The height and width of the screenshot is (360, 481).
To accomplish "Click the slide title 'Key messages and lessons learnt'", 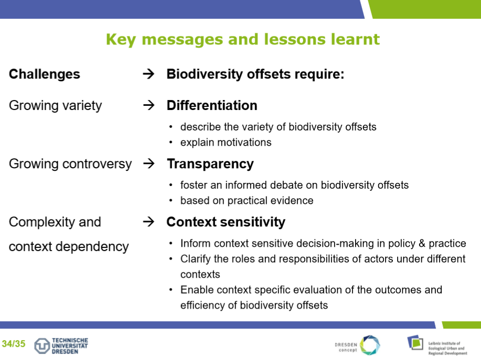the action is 243,39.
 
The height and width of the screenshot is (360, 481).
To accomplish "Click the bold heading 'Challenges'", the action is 45,74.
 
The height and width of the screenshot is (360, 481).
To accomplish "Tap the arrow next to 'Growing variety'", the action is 149,105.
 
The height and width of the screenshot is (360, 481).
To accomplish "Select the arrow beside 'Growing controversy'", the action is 149,163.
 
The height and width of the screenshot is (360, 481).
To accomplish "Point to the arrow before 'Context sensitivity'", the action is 149,222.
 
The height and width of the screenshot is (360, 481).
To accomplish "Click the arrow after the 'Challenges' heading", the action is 149,74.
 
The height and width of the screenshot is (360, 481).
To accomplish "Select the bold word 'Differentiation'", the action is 212,105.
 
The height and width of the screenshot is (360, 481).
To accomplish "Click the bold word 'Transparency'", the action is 210,164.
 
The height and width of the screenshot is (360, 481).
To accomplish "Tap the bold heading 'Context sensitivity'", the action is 226,222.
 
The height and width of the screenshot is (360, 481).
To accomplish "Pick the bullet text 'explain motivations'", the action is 226,143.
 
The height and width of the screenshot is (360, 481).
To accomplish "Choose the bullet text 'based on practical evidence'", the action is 247,201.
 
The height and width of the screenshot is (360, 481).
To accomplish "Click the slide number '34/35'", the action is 14,344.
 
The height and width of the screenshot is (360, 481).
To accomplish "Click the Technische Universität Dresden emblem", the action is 42,346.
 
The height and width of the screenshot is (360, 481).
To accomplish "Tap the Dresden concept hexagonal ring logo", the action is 370,345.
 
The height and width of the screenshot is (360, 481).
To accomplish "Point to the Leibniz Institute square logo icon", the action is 415,343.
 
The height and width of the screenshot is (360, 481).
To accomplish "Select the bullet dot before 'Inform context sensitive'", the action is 171,244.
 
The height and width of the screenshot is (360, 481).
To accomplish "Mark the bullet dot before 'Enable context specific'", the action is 171,290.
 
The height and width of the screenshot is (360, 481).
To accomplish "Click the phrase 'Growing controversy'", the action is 70,164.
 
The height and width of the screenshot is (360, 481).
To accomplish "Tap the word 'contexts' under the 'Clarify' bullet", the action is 200,275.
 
